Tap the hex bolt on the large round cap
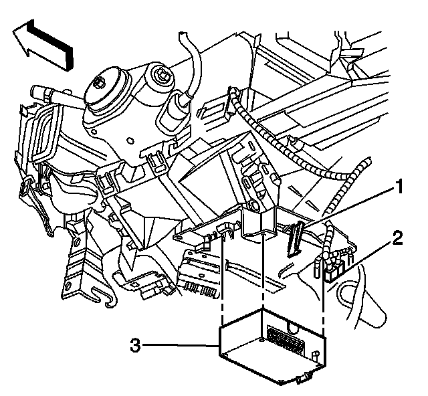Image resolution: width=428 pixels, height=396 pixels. point(99,82)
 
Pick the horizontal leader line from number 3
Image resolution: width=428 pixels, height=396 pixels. point(181,346)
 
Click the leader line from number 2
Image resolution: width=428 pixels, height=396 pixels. point(364,254)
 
